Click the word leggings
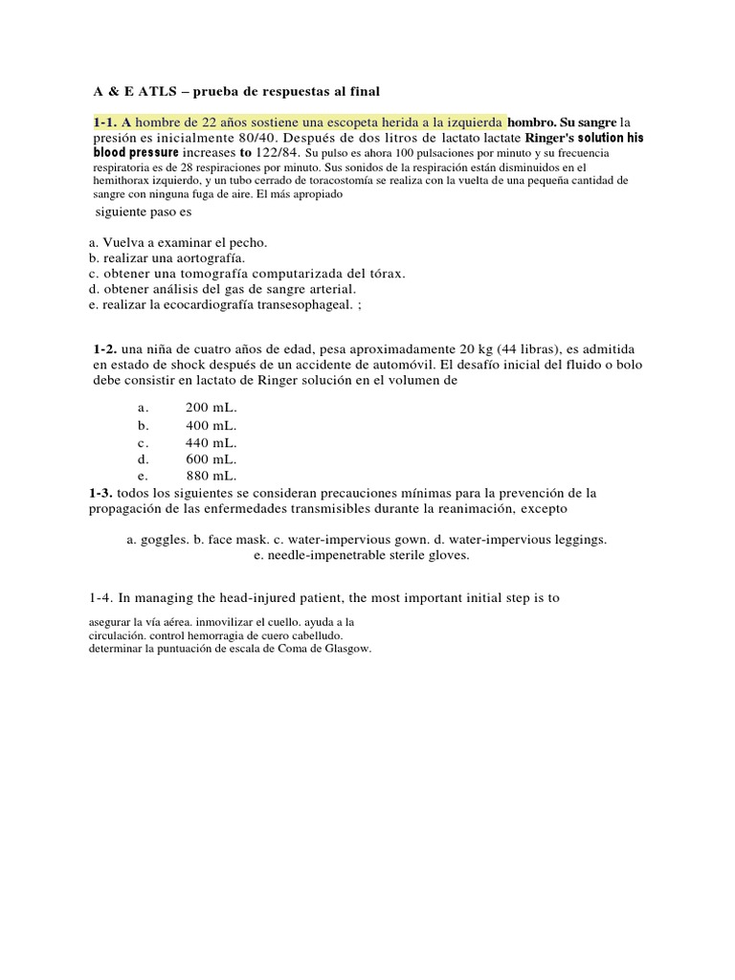coord(577,540)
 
